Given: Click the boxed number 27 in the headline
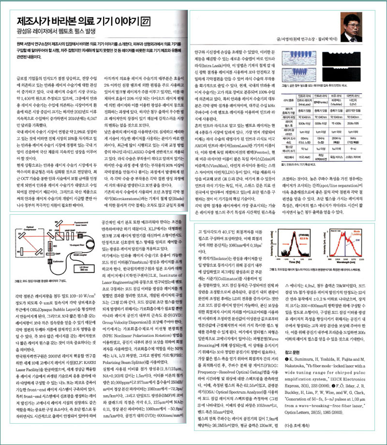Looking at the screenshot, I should point(145,21).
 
